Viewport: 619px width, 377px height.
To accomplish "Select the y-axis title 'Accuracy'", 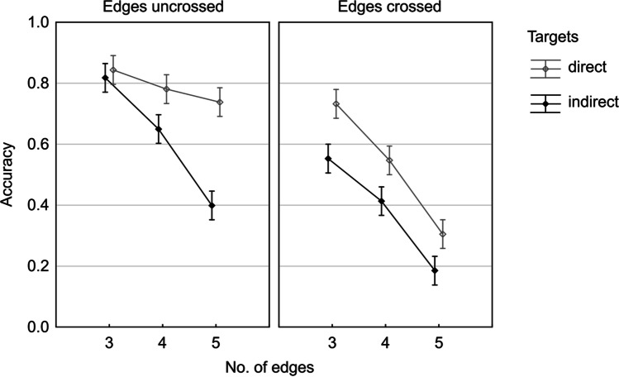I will (9, 174).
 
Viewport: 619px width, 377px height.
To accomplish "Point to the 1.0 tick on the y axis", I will (31, 23).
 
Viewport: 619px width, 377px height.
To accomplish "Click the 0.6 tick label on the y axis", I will (31, 145).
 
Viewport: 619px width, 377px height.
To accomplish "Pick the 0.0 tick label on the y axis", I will (31, 327).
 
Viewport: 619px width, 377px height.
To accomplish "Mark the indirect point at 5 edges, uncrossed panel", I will (212, 205).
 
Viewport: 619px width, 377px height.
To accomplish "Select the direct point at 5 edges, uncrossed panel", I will (220, 103).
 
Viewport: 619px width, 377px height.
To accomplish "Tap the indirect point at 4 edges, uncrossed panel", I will (159, 129).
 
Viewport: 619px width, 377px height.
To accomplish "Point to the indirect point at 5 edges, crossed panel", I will (435, 270).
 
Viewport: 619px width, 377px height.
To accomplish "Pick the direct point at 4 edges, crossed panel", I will (389, 160).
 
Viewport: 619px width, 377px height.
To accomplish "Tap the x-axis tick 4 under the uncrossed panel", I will (162, 342).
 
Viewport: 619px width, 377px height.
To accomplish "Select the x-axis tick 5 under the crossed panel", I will (439, 342).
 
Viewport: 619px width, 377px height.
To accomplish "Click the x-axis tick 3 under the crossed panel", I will (332, 342).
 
